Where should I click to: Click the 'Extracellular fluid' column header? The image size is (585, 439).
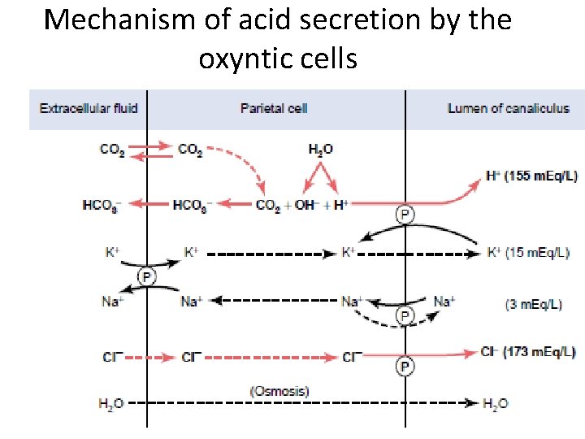(x=89, y=108)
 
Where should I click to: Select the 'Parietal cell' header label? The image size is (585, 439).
(x=274, y=108)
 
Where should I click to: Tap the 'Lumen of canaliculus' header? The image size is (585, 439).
(x=509, y=108)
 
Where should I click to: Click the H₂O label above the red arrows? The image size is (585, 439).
(x=320, y=150)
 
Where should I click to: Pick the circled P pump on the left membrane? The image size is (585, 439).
(x=147, y=276)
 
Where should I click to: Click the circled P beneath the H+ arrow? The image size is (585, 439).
(x=404, y=215)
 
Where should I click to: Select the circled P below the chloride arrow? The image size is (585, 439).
(x=404, y=367)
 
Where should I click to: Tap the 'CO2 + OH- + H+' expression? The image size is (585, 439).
(x=301, y=205)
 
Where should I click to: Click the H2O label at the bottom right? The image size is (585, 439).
(x=495, y=403)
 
